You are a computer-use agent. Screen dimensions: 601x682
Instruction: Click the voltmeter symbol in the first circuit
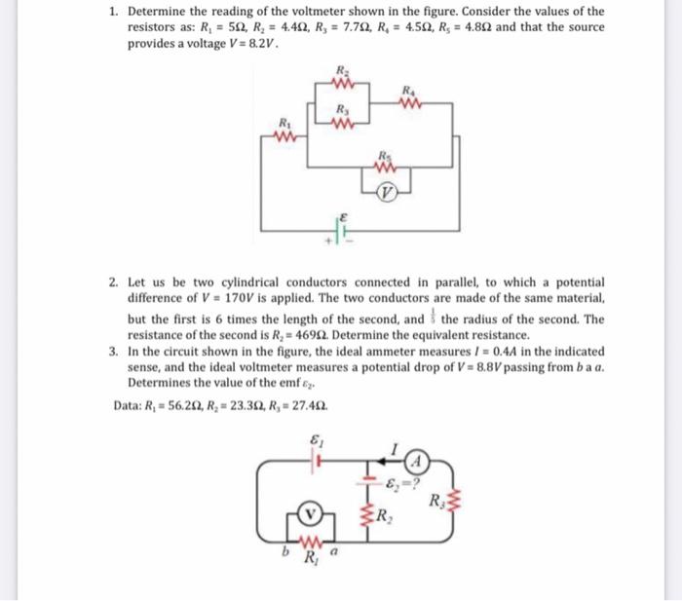[x=388, y=192]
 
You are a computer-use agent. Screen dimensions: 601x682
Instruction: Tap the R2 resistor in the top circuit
[x=341, y=82]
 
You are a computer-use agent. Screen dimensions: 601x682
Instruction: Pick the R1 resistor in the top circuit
[x=284, y=136]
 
